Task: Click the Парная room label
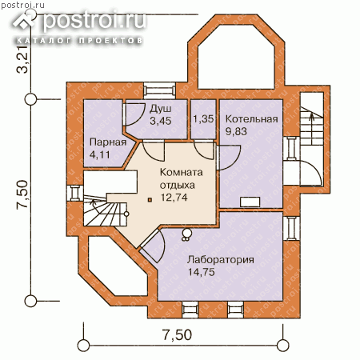click(x=108, y=142)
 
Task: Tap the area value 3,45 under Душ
click(x=161, y=121)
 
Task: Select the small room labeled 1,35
click(x=203, y=119)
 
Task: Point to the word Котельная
click(x=252, y=119)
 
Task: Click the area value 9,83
click(x=236, y=131)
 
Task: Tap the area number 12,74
click(x=174, y=198)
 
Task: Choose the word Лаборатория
click(x=221, y=259)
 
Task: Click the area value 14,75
click(x=202, y=272)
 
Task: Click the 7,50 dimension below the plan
click(x=178, y=335)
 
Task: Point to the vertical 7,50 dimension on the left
click(x=22, y=194)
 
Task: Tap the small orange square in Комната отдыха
click(x=150, y=199)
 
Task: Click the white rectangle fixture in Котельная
click(x=250, y=202)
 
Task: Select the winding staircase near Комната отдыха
click(x=106, y=210)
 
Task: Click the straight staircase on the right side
click(x=312, y=126)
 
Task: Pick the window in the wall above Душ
click(x=159, y=90)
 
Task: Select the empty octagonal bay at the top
click(x=236, y=57)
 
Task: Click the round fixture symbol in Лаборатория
click(x=186, y=234)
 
